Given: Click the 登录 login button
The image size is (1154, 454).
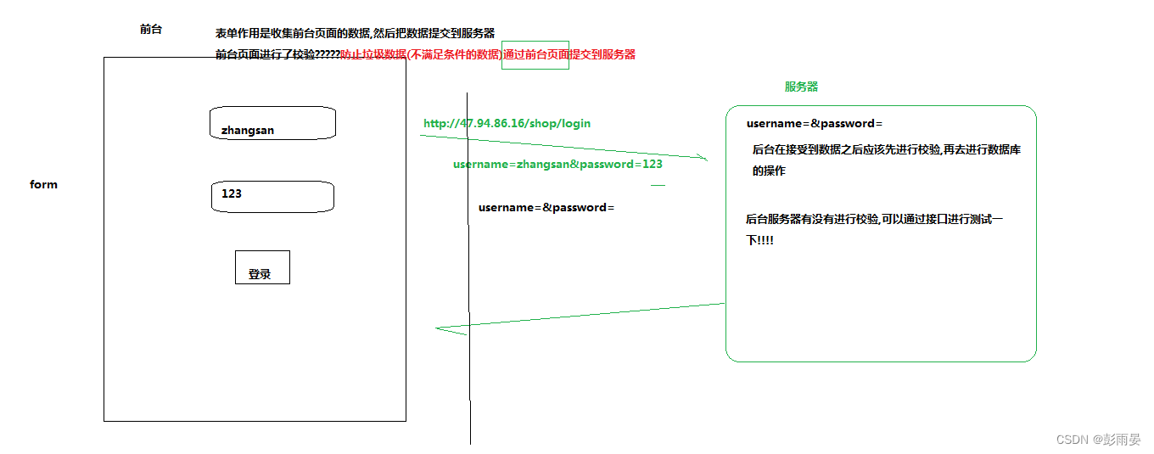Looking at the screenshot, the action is [x=262, y=267].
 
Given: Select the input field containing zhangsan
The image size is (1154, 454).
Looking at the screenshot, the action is [x=273, y=124].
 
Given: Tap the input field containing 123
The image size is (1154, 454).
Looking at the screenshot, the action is [x=272, y=196].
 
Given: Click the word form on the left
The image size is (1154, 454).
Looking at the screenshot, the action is [x=43, y=184].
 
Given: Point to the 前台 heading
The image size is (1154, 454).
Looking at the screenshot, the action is [x=151, y=29].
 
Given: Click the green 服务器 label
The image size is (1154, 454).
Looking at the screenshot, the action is [x=801, y=87].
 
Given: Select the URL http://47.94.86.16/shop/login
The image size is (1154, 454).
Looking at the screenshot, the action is [x=507, y=123].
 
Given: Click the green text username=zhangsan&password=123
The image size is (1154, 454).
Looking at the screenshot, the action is [x=557, y=164].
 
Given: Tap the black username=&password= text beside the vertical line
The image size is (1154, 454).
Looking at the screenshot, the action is [x=546, y=207].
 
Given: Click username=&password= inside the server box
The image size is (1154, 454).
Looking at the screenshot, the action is [x=815, y=123].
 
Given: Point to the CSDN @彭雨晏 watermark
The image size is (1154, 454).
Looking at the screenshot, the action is [x=1099, y=439].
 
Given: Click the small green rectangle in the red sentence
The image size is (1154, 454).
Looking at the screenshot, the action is [x=535, y=54].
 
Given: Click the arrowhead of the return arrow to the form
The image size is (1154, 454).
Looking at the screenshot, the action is [x=441, y=329].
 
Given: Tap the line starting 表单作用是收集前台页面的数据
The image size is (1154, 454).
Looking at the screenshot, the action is [x=355, y=34].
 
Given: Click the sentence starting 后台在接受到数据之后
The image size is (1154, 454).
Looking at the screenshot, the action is [x=886, y=150].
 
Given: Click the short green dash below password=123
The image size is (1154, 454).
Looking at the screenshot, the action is [x=658, y=184].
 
